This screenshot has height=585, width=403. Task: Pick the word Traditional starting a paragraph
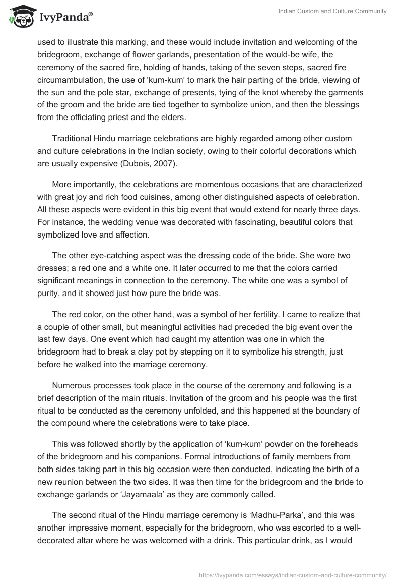pyautogui.click(x=75, y=138)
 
